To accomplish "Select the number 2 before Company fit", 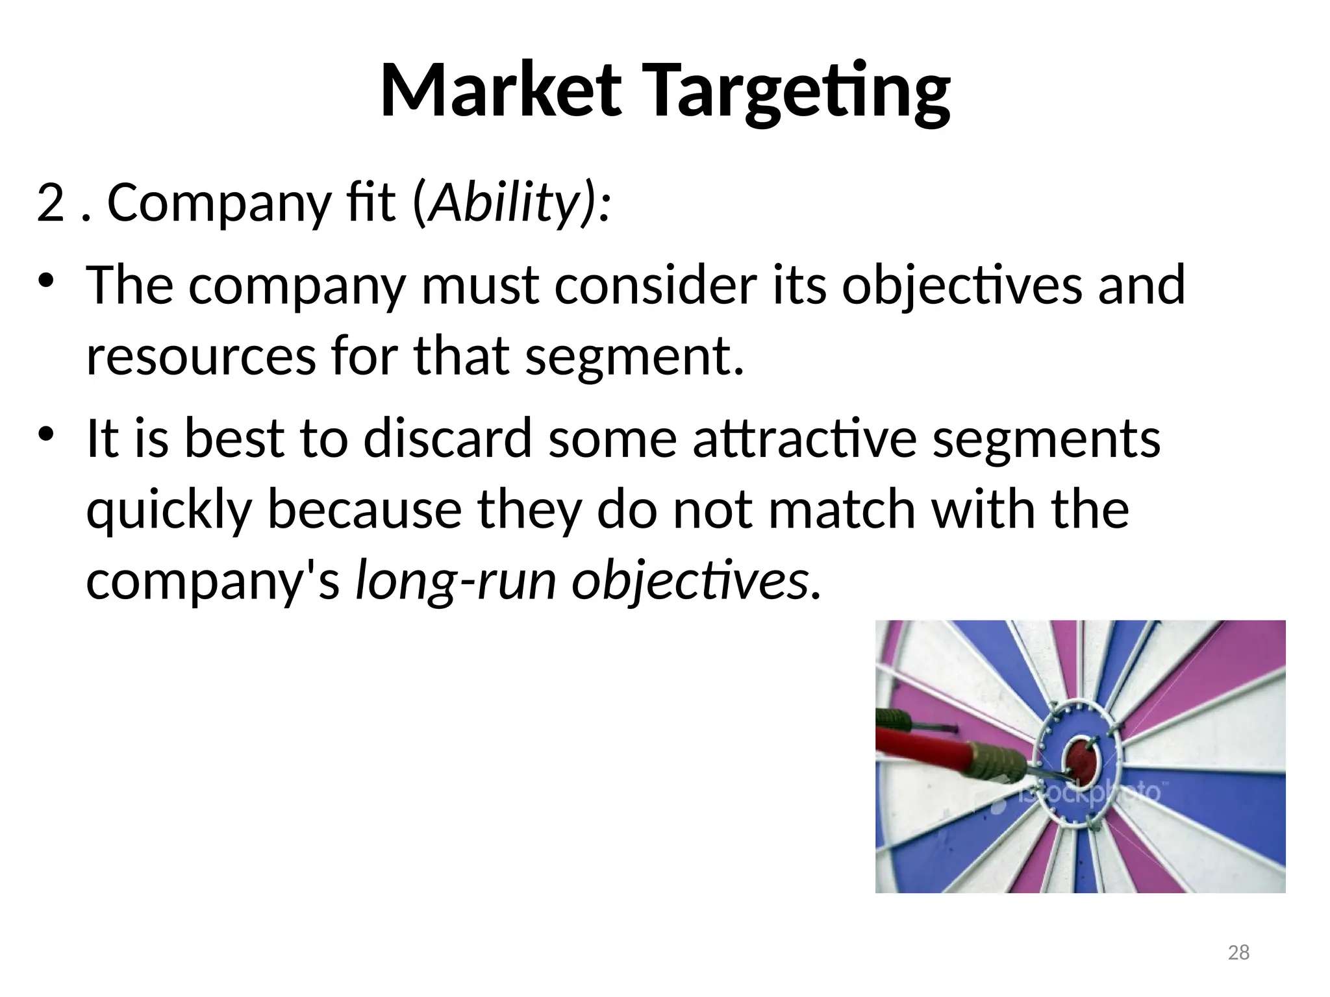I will (x=50, y=203).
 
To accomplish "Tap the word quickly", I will (x=168, y=510).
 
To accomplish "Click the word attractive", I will (x=805, y=438).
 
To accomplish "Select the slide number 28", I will (x=1239, y=952).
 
